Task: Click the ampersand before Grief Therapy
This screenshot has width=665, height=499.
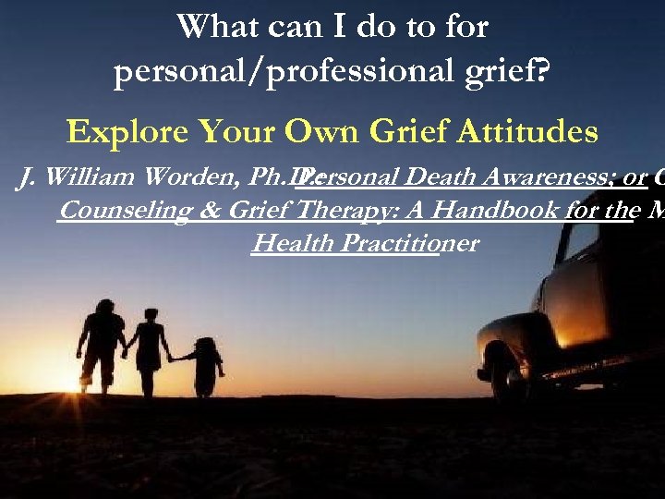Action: [x=206, y=211]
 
